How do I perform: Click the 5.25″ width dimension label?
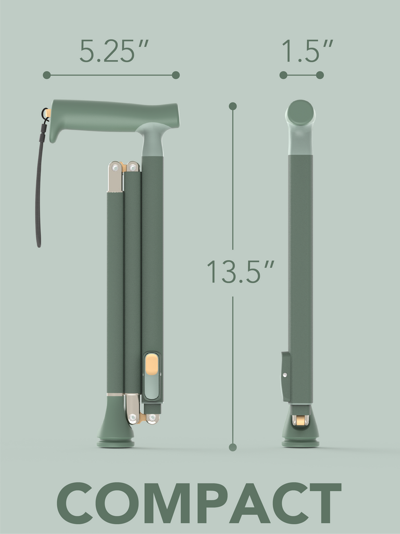pos(114,51)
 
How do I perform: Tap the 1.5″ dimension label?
pos(307,51)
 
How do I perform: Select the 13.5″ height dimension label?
pos(240,271)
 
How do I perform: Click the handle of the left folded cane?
pos(115,114)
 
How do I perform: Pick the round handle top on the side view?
pos(301,113)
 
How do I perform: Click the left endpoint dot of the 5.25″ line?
pos(47,75)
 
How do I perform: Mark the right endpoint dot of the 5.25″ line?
pos(176,75)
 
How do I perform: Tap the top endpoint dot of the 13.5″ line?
pos(233,106)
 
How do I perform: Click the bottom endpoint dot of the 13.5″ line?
pos(233,447)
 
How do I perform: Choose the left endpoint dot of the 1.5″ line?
pos(283,75)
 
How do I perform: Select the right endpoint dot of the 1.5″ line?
pos(320,75)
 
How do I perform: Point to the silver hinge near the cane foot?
pos(133,409)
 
